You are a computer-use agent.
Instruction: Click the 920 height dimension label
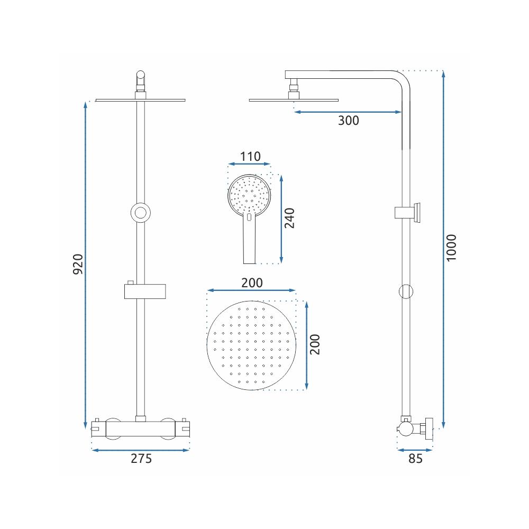(x=78, y=264)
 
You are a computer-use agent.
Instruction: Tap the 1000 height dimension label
(x=451, y=248)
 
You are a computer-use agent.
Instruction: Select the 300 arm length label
(x=349, y=121)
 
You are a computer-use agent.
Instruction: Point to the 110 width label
(x=250, y=157)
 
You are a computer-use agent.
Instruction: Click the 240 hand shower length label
(x=289, y=218)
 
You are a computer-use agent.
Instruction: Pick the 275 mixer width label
(x=141, y=459)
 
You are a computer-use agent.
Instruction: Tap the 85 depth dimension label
(x=415, y=459)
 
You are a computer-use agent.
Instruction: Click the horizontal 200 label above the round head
(x=252, y=282)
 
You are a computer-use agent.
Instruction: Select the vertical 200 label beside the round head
(x=314, y=344)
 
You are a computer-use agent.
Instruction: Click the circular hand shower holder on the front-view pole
(x=140, y=213)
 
